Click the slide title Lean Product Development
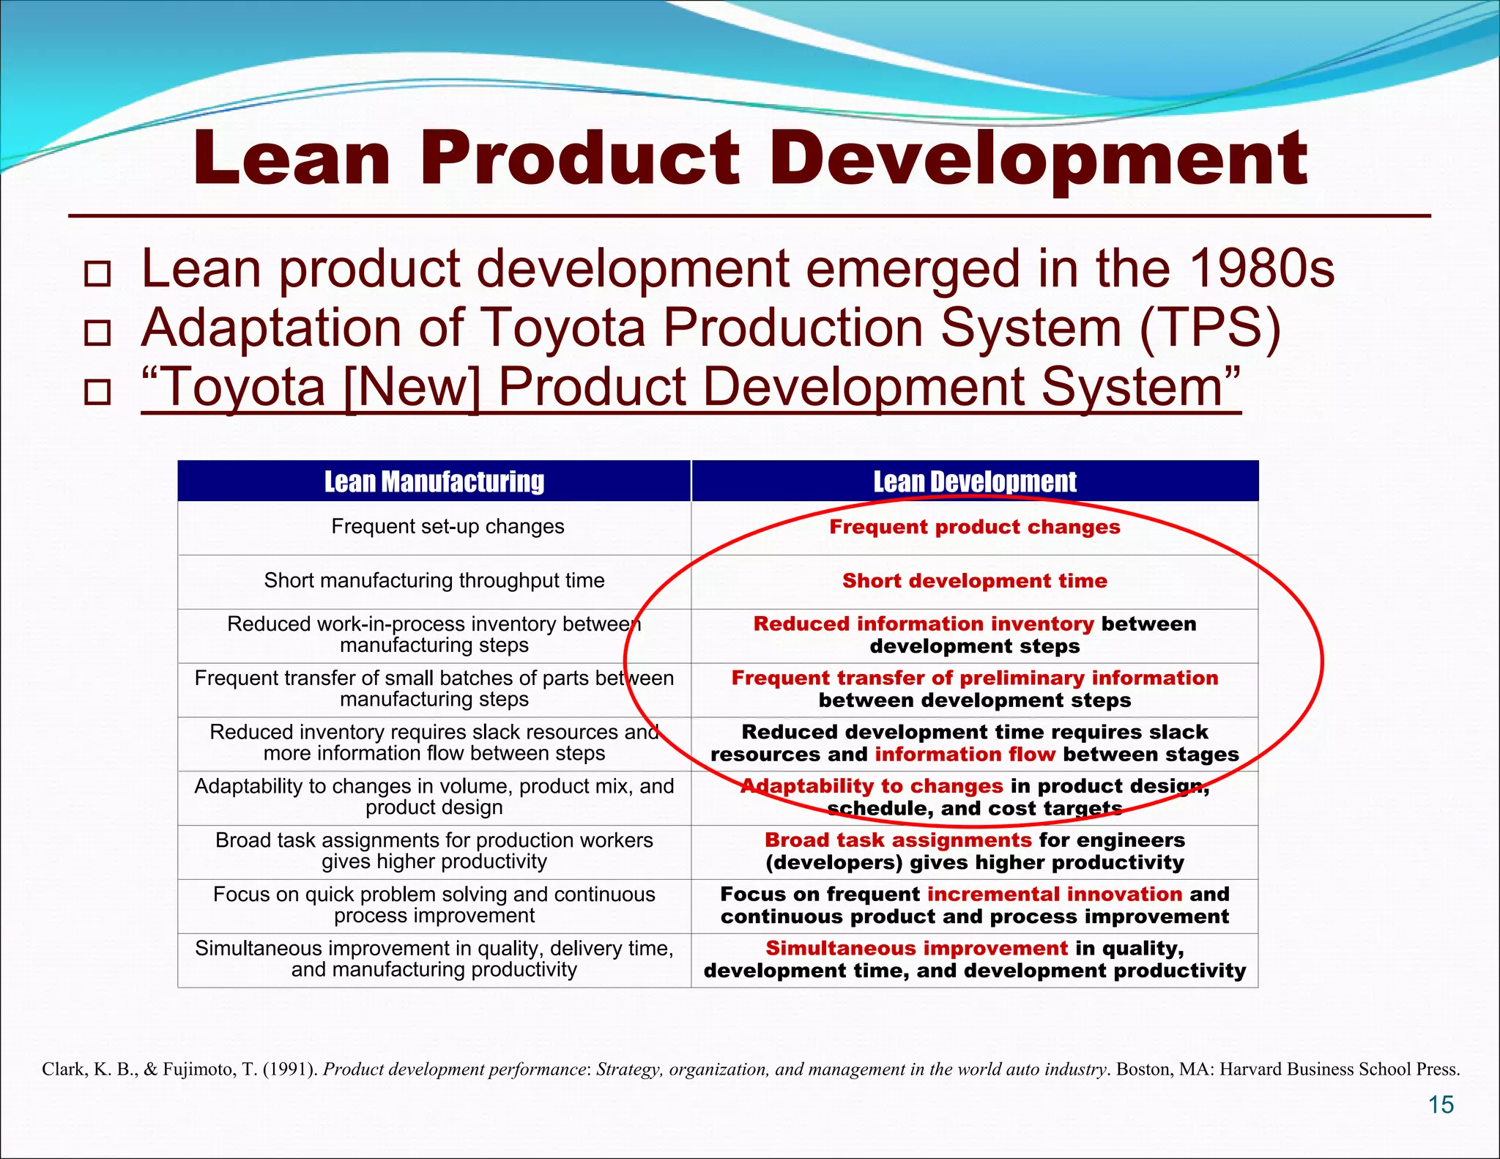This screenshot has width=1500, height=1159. tap(750, 158)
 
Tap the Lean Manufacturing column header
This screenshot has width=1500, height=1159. tap(434, 481)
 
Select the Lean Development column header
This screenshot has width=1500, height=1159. tap(975, 481)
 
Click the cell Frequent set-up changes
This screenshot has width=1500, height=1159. tap(448, 527)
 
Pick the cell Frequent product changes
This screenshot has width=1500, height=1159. tap(975, 527)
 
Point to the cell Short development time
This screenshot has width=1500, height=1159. tap(975, 581)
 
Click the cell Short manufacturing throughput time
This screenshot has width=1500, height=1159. tap(434, 581)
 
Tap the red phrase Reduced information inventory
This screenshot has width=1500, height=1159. tap(924, 624)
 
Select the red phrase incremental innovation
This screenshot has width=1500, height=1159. tap(1055, 895)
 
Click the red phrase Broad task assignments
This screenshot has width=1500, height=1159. tap(898, 840)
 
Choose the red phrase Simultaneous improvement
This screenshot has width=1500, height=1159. tap(917, 949)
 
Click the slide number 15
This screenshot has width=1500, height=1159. tap(1441, 1105)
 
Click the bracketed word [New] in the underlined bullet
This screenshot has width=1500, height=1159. tap(411, 387)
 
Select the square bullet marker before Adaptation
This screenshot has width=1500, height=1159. tap(97, 333)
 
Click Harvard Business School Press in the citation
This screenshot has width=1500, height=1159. tap(1340, 1070)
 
